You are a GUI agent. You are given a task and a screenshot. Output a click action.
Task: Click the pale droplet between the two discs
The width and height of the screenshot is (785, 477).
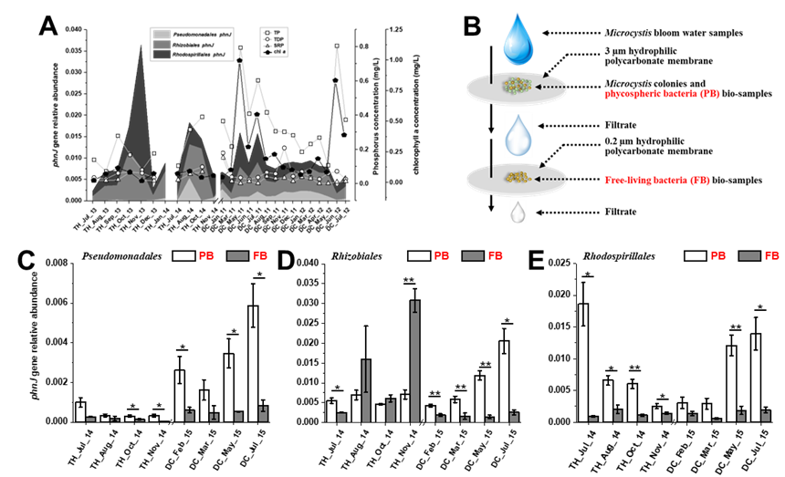click(518, 134)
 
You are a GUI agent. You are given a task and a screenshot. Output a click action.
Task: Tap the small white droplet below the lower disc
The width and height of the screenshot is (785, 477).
click(518, 213)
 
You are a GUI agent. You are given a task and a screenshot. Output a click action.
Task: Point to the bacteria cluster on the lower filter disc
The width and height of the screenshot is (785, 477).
click(518, 179)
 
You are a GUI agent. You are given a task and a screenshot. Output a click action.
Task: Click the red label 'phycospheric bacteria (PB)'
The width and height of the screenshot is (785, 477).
click(662, 94)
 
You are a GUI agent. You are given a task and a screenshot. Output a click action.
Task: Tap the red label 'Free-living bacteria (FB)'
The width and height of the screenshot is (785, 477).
click(656, 181)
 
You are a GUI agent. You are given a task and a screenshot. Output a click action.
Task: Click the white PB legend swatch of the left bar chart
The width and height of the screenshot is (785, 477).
click(183, 256)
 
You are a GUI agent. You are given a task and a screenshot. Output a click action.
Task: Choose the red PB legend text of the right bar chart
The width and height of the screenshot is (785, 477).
click(717, 256)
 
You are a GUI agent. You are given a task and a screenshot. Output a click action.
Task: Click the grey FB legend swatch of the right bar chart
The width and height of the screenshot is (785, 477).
click(748, 256)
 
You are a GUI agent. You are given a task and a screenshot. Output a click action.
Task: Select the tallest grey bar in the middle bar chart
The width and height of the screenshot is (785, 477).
click(414, 360)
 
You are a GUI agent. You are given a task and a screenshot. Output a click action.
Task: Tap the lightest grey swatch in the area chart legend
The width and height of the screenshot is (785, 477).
click(162, 34)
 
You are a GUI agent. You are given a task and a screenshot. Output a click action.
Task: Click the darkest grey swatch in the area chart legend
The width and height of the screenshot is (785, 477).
click(162, 54)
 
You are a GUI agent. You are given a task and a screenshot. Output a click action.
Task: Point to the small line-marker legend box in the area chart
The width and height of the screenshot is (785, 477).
click(274, 41)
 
